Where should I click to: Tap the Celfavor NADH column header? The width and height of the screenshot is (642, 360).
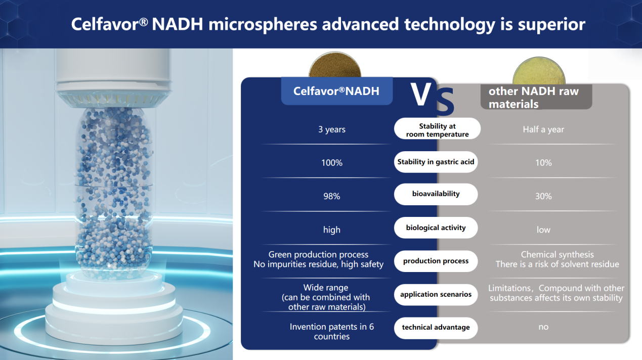[x=337, y=91]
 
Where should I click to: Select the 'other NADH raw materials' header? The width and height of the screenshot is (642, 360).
[x=536, y=97]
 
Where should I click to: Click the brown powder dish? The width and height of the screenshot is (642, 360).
[x=335, y=65]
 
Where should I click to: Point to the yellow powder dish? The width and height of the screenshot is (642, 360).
[x=539, y=71]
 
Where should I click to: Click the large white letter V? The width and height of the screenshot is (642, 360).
[x=421, y=94]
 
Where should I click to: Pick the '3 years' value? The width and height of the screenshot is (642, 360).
[x=332, y=129]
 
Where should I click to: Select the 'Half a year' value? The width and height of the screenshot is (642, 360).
[x=543, y=129]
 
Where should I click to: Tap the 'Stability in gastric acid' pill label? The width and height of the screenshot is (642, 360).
[x=436, y=162]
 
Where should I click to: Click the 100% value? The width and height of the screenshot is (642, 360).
[x=332, y=163]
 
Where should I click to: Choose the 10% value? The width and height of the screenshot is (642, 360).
[x=543, y=163]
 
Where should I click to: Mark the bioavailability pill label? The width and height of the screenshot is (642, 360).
[x=436, y=194]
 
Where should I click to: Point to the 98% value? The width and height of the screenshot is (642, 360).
[x=332, y=196]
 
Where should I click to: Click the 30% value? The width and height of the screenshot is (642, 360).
[x=543, y=196]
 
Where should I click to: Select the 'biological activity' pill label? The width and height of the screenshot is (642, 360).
[x=436, y=228]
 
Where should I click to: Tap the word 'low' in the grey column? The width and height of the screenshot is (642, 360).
[x=543, y=230]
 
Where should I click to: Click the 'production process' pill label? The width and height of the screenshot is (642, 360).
[x=436, y=261]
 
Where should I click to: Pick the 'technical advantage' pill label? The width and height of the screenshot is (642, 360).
[x=436, y=328]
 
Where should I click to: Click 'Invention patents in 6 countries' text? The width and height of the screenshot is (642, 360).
[x=332, y=331]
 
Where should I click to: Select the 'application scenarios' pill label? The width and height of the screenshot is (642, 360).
[x=436, y=294]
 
